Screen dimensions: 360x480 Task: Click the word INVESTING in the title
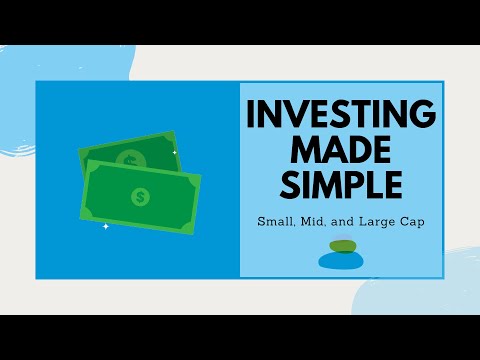point(340,114)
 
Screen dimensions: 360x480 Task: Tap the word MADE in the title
point(340,151)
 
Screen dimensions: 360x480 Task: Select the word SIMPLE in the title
point(340,187)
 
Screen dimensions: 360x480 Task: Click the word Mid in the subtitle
point(314,222)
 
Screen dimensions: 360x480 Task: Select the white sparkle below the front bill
point(105,225)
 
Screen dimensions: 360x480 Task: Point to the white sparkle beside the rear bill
point(174,152)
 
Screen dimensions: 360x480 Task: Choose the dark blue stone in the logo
point(340,261)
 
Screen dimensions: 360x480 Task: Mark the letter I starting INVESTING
point(253,114)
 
